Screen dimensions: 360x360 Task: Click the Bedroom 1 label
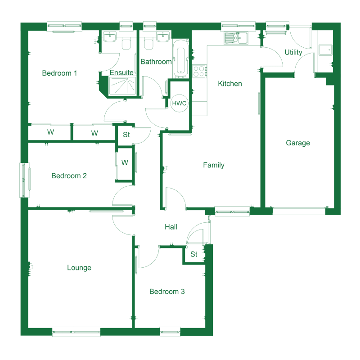pyautogui.click(x=59, y=73)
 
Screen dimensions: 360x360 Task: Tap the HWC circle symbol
pyautogui.click(x=179, y=103)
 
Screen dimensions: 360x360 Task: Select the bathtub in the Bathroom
pyautogui.click(x=181, y=59)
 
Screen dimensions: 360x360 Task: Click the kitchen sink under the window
pyautogui.click(x=236, y=38)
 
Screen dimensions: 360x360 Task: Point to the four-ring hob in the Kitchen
pyautogui.click(x=199, y=71)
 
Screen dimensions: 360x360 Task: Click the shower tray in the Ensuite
pyautogui.click(x=122, y=85)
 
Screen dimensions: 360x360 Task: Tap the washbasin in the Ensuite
pyautogui.click(x=110, y=37)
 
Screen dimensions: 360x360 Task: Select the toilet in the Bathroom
pyautogui.click(x=148, y=44)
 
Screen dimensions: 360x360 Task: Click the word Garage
pyautogui.click(x=298, y=143)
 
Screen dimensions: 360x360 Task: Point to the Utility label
pyautogui.click(x=293, y=53)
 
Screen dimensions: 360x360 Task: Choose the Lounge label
pyautogui.click(x=79, y=268)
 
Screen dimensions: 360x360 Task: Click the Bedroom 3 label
pyautogui.click(x=167, y=292)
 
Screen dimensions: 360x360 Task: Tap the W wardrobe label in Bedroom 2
pyautogui.click(x=125, y=162)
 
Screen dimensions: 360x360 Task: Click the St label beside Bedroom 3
pyautogui.click(x=194, y=254)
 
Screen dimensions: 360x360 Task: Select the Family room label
pyautogui.click(x=213, y=165)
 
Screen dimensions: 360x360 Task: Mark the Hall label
pyautogui.click(x=171, y=227)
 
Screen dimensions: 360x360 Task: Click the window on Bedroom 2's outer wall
pyautogui.click(x=25, y=180)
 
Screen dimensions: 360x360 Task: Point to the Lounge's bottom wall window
pyautogui.click(x=76, y=332)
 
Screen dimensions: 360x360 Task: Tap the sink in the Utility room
pyautogui.click(x=325, y=50)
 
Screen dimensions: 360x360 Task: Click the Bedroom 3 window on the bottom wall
pyautogui.click(x=170, y=332)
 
